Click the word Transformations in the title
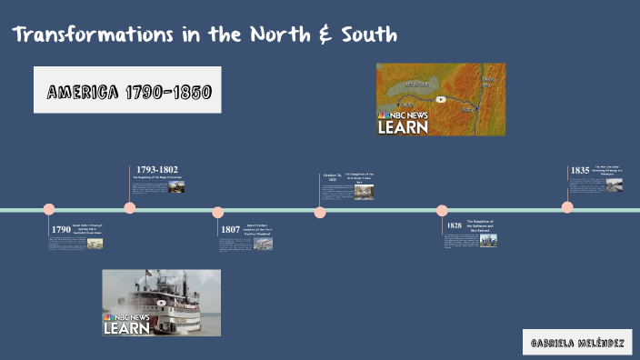79,35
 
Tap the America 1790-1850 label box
128,91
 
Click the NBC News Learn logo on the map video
403,124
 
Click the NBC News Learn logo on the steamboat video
128,325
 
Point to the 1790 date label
61,230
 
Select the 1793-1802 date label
157,169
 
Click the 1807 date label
230,230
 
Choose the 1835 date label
580,170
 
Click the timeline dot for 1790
49,210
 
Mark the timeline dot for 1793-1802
130,208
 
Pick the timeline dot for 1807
218,212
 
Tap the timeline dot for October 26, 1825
320,212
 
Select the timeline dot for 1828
442,211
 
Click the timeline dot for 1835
567,207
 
